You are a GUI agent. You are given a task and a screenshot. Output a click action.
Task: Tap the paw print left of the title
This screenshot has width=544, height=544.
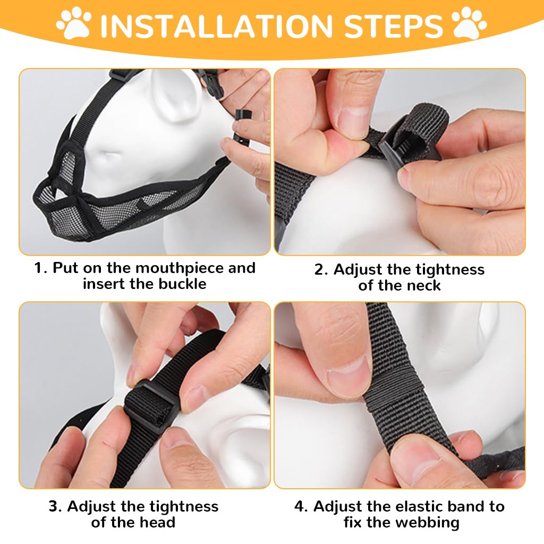(75, 24)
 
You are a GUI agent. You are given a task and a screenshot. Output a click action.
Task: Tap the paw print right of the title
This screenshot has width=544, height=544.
(469, 24)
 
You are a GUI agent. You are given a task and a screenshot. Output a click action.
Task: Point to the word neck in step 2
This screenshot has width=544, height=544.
(422, 285)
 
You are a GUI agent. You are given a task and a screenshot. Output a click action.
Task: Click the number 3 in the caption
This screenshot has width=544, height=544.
(54, 506)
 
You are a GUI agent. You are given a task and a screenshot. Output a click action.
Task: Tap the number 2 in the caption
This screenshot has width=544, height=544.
(319, 269)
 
